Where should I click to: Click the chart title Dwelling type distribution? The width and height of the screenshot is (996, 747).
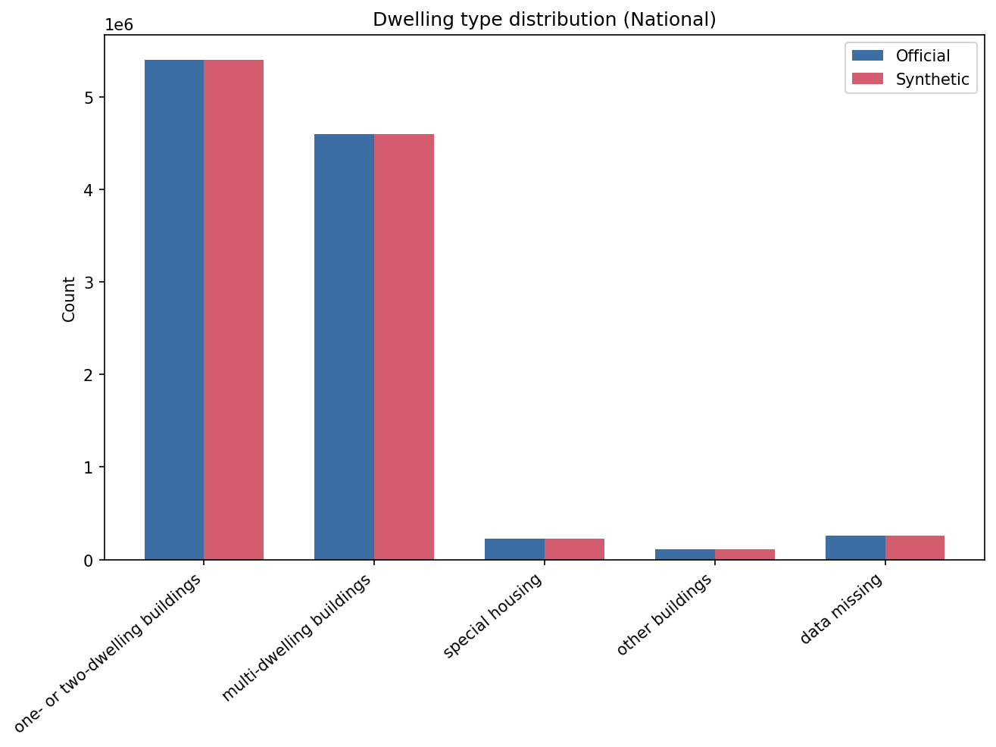click(544, 20)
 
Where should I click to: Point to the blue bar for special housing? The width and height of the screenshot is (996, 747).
click(514, 549)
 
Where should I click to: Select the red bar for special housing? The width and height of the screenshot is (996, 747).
click(574, 549)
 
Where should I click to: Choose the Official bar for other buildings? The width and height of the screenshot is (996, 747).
click(685, 555)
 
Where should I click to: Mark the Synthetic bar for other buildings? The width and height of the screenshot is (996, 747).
click(745, 555)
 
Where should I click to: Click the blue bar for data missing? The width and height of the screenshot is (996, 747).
click(855, 548)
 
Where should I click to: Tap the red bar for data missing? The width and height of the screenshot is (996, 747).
click(915, 548)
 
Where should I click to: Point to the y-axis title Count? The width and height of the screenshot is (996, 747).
click(69, 299)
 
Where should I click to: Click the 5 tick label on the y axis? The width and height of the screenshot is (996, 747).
click(89, 98)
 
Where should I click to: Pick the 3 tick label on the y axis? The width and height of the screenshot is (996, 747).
click(89, 283)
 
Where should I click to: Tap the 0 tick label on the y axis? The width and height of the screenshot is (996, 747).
click(89, 561)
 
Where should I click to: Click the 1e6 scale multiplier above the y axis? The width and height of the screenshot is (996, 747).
click(119, 25)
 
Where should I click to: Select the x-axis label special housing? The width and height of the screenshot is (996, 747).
click(494, 615)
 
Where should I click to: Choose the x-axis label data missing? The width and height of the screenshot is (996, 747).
click(842, 608)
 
